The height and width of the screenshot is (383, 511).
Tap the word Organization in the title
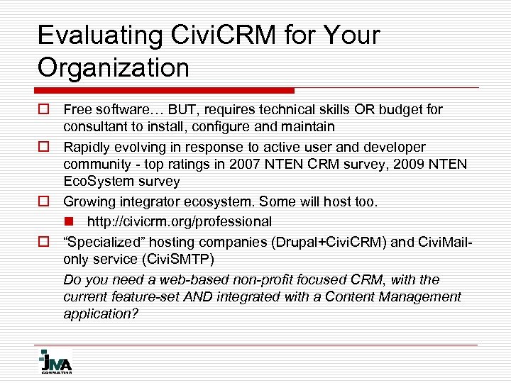114,68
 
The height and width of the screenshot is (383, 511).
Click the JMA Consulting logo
55,360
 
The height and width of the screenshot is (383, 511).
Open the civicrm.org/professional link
179,222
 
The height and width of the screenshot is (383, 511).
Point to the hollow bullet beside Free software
43,109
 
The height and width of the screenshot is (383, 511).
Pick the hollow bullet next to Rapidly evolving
43,147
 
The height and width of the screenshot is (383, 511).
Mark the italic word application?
101,313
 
